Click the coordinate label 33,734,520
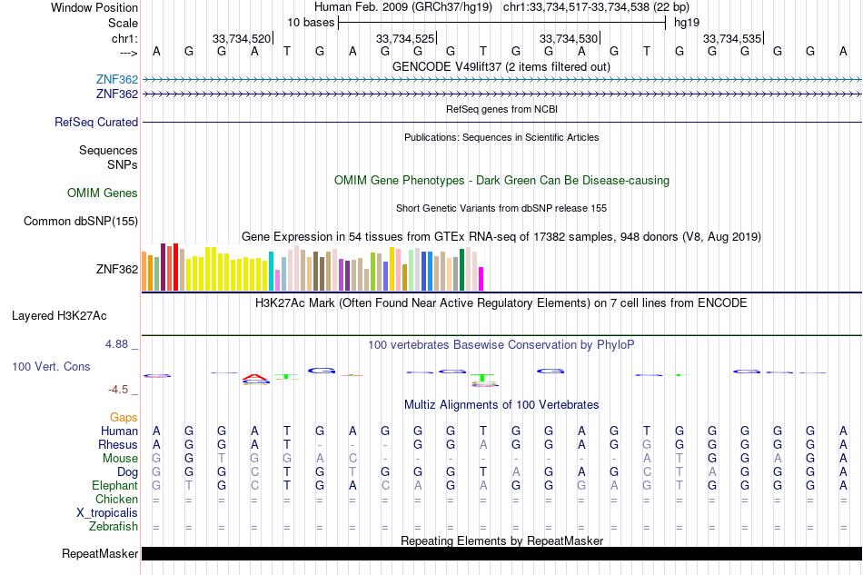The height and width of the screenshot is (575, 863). click(242, 38)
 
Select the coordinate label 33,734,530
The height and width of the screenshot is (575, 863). click(569, 38)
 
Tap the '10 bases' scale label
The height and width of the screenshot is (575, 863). click(311, 22)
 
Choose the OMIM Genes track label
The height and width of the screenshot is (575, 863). click(103, 193)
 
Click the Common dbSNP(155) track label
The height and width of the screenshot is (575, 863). click(81, 221)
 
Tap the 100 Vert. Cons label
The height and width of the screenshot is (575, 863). click(51, 366)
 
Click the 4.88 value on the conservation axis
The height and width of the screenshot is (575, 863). click(117, 344)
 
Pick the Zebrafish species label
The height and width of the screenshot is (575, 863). click(114, 526)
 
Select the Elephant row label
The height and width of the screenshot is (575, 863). click(113, 485)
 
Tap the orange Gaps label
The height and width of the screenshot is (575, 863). click(124, 417)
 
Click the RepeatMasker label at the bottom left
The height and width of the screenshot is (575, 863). click(100, 553)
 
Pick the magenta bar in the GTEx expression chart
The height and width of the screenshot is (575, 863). click(481, 279)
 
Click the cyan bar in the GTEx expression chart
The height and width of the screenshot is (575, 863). click(272, 271)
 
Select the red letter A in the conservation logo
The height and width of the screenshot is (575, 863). click(256, 376)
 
